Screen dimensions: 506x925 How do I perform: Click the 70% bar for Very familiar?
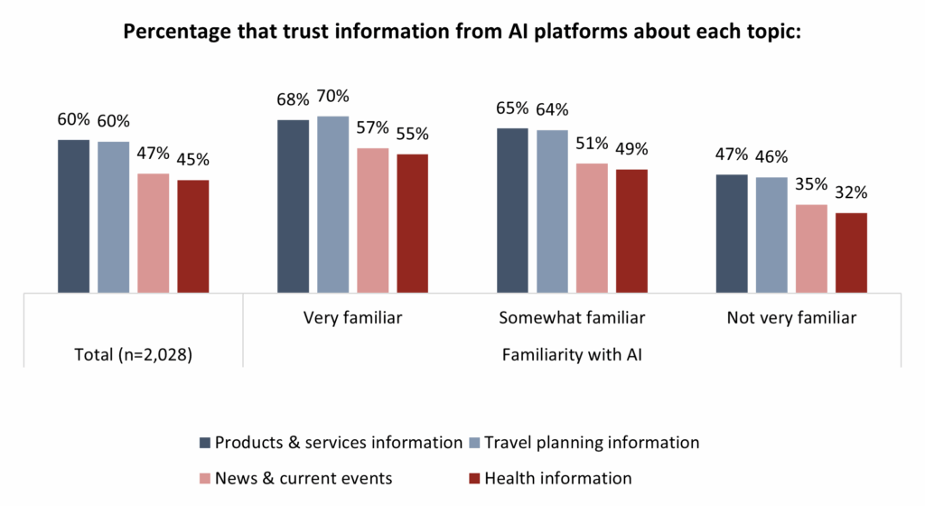coord(333,204)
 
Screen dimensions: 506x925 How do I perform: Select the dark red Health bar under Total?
coord(193,236)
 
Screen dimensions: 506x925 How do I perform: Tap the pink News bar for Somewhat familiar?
coord(593,228)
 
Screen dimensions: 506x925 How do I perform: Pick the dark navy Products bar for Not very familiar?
coord(732,233)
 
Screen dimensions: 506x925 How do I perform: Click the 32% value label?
coord(851,192)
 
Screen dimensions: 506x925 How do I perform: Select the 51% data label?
coord(593,145)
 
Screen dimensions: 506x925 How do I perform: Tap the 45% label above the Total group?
coord(192,160)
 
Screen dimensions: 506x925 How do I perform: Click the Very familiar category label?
coord(353,318)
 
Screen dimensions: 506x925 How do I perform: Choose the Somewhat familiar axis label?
coord(572,318)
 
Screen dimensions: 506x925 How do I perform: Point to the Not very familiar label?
coord(791,318)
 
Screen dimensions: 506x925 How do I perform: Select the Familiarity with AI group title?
coord(572,355)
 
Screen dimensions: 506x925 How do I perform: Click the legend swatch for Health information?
coord(475,478)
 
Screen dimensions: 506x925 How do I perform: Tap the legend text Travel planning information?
coord(592,443)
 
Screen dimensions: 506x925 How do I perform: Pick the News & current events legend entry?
coord(304,478)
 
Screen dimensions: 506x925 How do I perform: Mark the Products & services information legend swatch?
coord(205,443)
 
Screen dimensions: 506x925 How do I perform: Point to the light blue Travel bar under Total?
coord(113,217)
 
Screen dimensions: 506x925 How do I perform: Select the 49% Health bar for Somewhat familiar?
coord(632,230)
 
